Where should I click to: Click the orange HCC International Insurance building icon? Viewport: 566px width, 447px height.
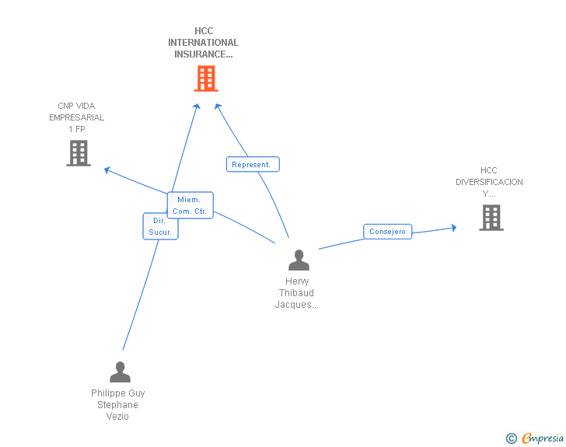[x=205, y=79]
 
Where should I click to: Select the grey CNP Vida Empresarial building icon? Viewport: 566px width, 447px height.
[x=79, y=153]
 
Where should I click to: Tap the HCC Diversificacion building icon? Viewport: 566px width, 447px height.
[x=491, y=218]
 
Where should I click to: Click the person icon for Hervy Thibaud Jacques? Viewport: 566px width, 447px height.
[x=299, y=260]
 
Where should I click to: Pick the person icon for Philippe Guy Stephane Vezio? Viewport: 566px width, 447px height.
[x=120, y=372]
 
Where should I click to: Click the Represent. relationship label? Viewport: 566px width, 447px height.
[x=252, y=165]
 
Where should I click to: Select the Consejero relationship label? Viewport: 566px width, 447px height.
[x=387, y=232]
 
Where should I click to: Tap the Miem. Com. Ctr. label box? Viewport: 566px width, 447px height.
[x=190, y=205]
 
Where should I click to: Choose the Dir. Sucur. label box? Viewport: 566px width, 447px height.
[x=160, y=226]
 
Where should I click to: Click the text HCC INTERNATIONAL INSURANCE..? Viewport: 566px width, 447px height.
[x=204, y=43]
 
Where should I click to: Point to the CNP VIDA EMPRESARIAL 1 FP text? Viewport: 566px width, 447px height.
[x=76, y=117]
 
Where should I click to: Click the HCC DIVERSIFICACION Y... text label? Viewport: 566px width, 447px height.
[x=489, y=182]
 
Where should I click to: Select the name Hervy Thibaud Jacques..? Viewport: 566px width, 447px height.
[x=297, y=293]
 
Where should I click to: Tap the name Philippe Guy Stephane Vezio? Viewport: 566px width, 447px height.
[x=118, y=405]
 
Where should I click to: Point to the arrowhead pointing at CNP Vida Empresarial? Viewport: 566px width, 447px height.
[x=108, y=169]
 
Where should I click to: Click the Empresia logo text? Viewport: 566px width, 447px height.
[x=543, y=438]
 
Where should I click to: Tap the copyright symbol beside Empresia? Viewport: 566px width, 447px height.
[x=512, y=439]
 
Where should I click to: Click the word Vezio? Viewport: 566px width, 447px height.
[x=117, y=417]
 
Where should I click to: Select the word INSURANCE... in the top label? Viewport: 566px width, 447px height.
[x=204, y=54]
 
